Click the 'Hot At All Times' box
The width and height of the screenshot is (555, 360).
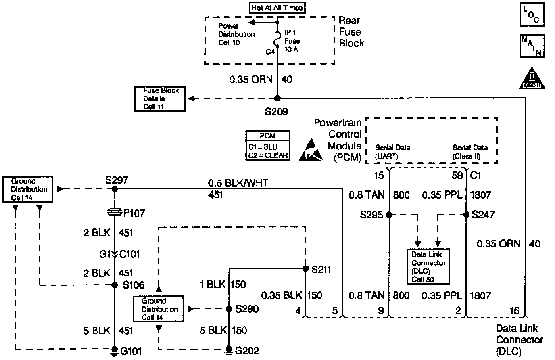[277, 8]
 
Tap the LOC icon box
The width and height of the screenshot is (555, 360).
[531, 15]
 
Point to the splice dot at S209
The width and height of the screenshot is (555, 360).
[277, 98]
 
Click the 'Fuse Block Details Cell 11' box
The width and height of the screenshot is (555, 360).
[160, 99]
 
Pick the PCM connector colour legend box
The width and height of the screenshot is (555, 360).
[268, 146]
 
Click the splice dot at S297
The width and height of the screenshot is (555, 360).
[115, 188]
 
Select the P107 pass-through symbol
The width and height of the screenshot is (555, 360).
[115, 211]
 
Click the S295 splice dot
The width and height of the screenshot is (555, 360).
[389, 215]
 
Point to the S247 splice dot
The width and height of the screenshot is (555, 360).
[466, 215]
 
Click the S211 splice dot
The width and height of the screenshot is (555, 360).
[305, 268]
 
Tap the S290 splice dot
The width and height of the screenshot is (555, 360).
[229, 309]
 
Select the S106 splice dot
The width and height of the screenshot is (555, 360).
[115, 285]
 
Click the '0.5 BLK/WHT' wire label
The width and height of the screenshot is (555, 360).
[238, 183]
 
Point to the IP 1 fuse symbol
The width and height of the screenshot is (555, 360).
[277, 41]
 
